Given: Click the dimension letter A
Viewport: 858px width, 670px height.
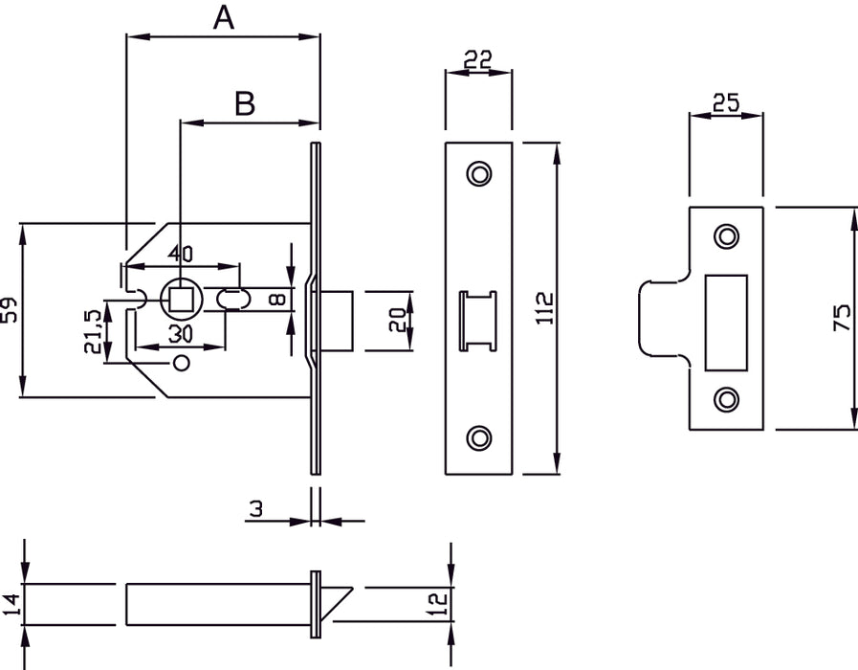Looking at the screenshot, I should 223,18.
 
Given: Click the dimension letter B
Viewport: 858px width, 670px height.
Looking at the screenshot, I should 246,104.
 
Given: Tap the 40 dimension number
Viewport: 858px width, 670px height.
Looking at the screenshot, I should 180,254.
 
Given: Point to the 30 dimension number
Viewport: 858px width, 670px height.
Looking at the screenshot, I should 181,333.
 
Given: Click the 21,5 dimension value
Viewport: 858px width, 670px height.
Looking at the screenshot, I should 94,331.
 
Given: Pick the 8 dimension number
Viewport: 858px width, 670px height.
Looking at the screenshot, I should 276,300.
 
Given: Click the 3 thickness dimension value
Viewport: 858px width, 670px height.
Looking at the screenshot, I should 255,509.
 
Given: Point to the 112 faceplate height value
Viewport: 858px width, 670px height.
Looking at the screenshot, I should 546,309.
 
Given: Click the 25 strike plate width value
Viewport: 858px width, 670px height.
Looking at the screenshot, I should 726,103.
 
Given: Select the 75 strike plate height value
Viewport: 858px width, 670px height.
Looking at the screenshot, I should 842,317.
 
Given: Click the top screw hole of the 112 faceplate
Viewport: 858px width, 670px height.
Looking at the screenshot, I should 478,173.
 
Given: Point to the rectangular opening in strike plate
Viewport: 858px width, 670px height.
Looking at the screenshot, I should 726,322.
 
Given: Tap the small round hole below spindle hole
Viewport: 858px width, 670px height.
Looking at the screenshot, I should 182,364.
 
